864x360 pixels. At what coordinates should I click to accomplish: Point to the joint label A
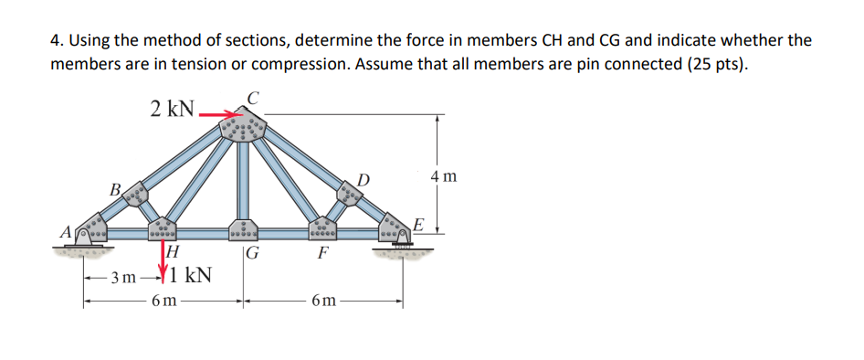point(66,232)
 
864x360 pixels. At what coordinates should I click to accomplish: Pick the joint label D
point(363,176)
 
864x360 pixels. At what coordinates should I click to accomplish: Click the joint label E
point(418,224)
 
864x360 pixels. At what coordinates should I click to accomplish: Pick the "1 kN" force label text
point(192,273)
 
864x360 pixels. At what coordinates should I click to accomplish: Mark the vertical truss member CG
point(242,183)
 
